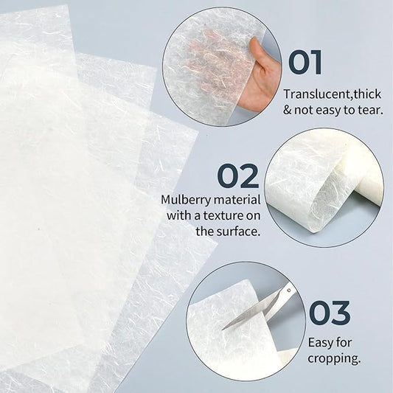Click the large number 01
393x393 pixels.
click(305, 63)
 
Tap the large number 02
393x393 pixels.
click(238, 176)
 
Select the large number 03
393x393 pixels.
click(330, 313)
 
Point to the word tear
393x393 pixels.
click(370, 111)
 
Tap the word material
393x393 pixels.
click(237, 200)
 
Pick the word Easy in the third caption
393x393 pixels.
click(321, 343)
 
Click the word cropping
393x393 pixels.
click(334, 359)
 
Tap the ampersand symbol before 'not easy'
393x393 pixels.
click(288, 111)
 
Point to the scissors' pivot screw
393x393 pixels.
click(289, 291)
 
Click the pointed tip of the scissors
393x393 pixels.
click(223, 330)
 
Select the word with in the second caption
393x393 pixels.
click(180, 215)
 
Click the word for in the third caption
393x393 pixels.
click(344, 343)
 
